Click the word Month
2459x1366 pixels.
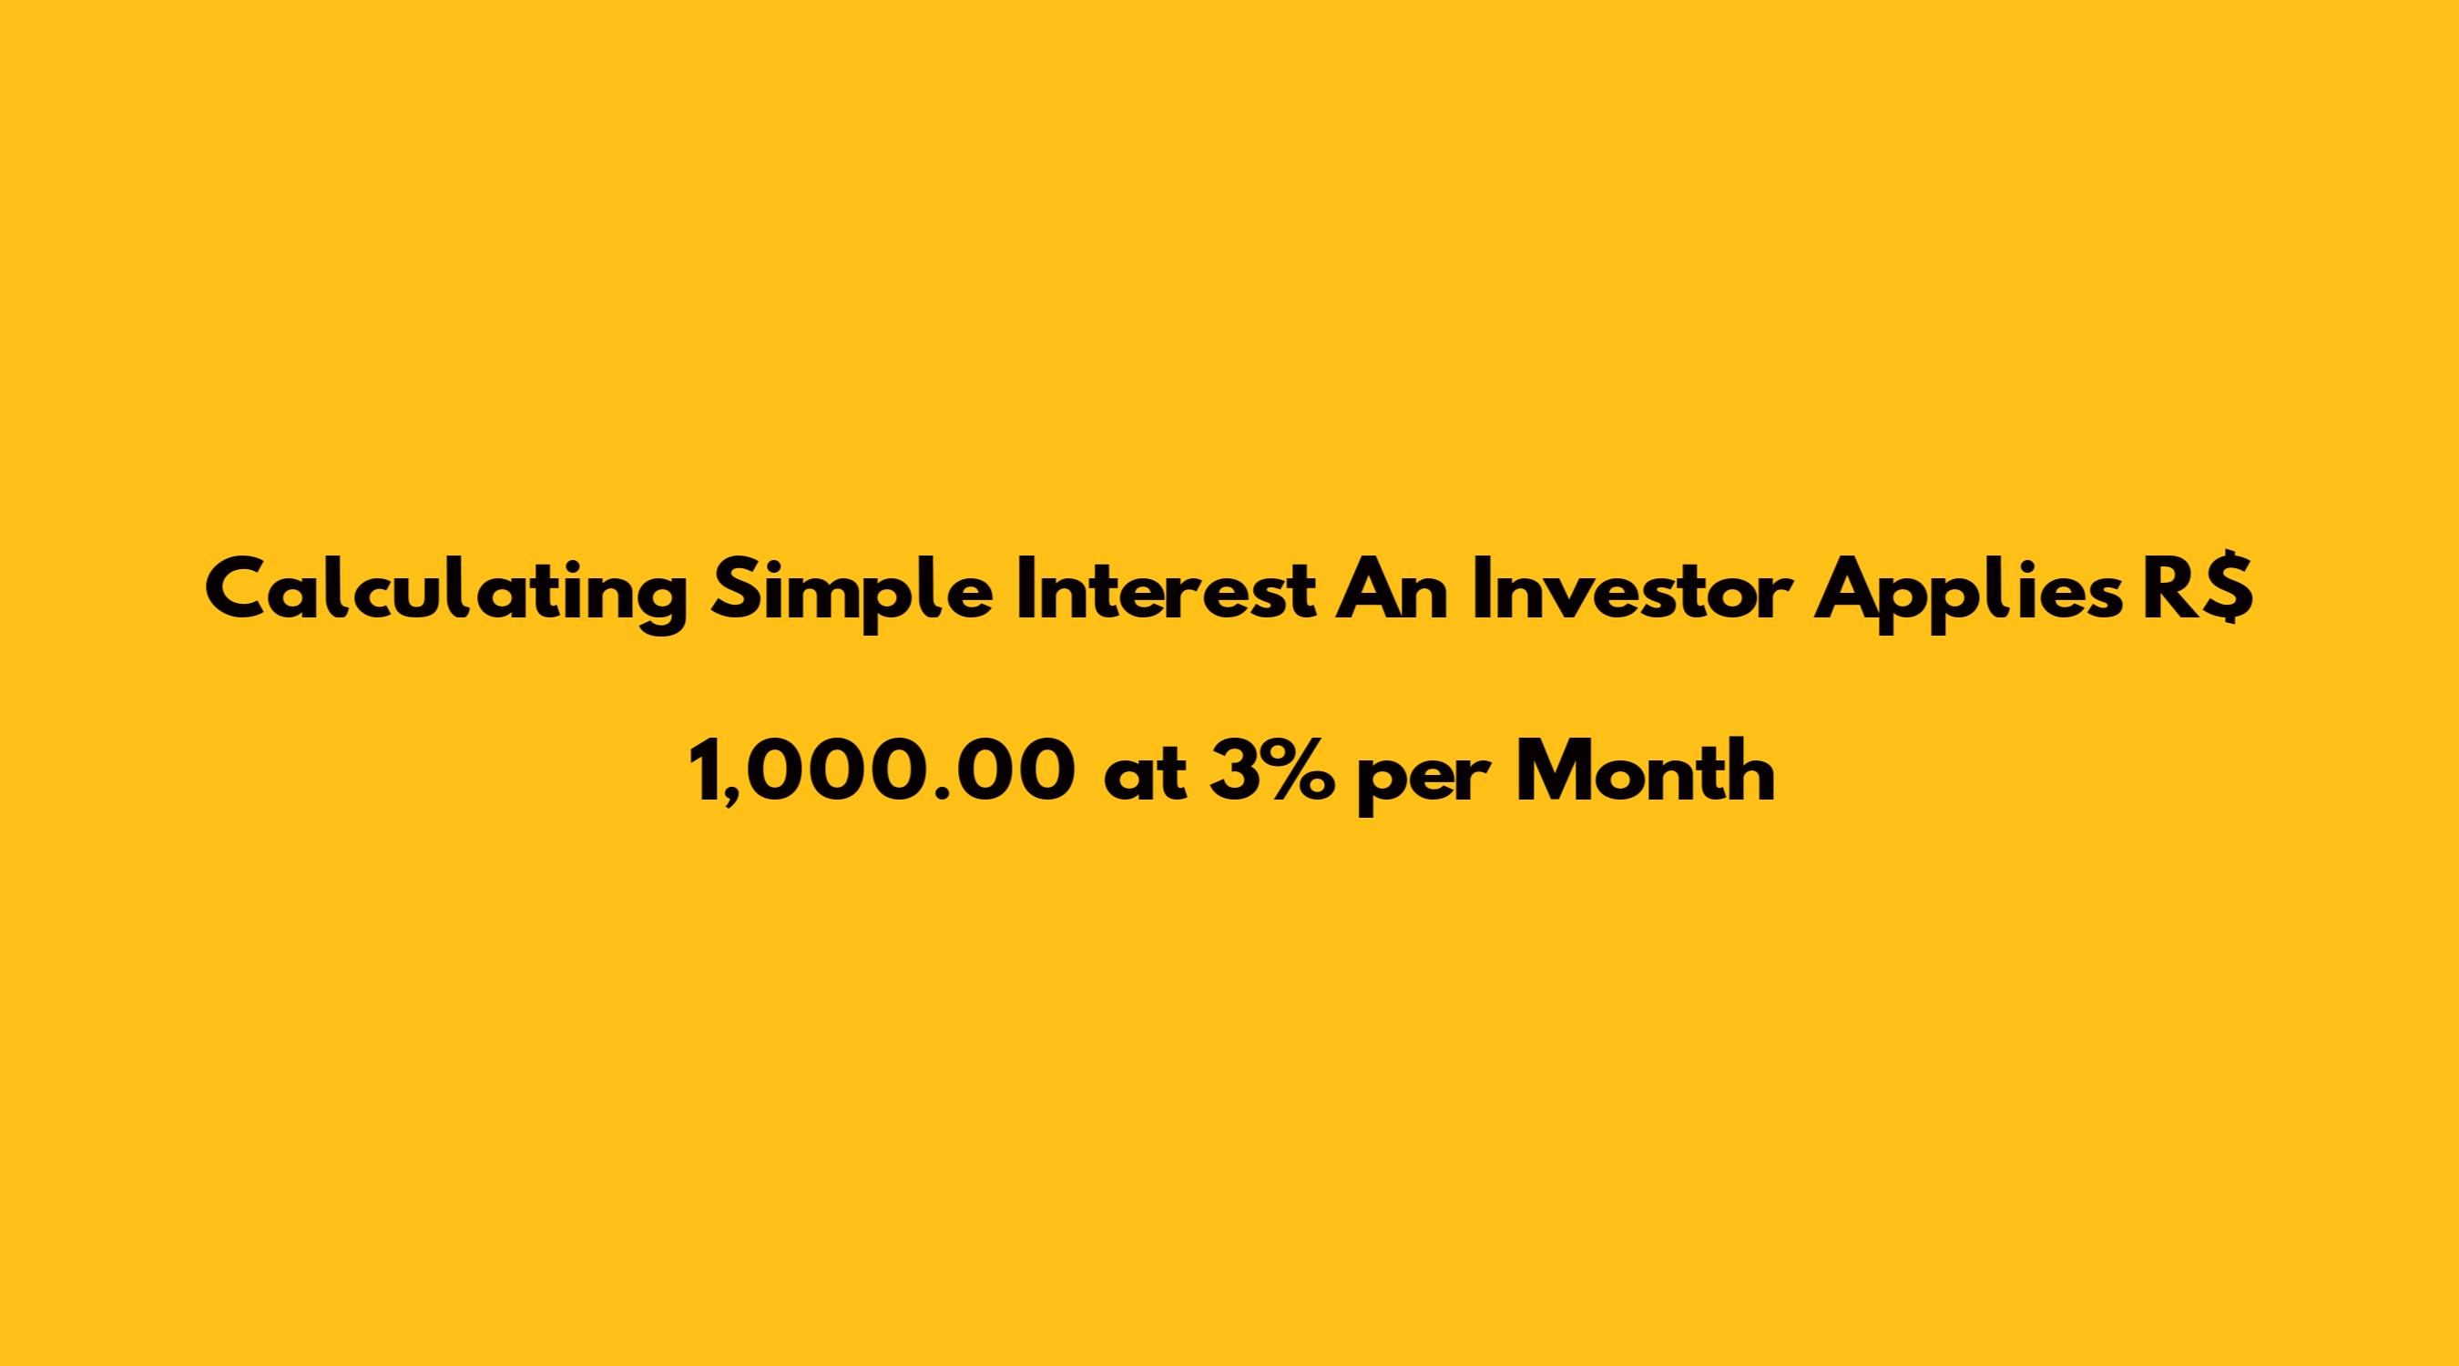tap(1646, 771)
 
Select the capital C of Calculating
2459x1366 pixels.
tap(236, 591)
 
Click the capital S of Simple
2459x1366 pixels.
tap(738, 591)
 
